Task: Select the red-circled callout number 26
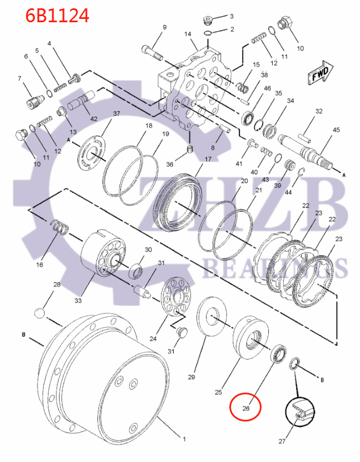(x=245, y=409)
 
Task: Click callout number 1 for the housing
(x=185, y=439)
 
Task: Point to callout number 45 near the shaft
(x=336, y=130)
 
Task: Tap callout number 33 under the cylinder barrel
(x=78, y=300)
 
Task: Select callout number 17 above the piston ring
(x=208, y=159)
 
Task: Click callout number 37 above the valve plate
(x=117, y=114)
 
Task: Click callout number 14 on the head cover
(x=188, y=34)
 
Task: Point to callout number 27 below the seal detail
(x=282, y=442)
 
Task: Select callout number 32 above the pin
(x=319, y=111)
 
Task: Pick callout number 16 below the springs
(x=40, y=265)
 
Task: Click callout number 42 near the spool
(x=93, y=118)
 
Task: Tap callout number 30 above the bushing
(x=148, y=250)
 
